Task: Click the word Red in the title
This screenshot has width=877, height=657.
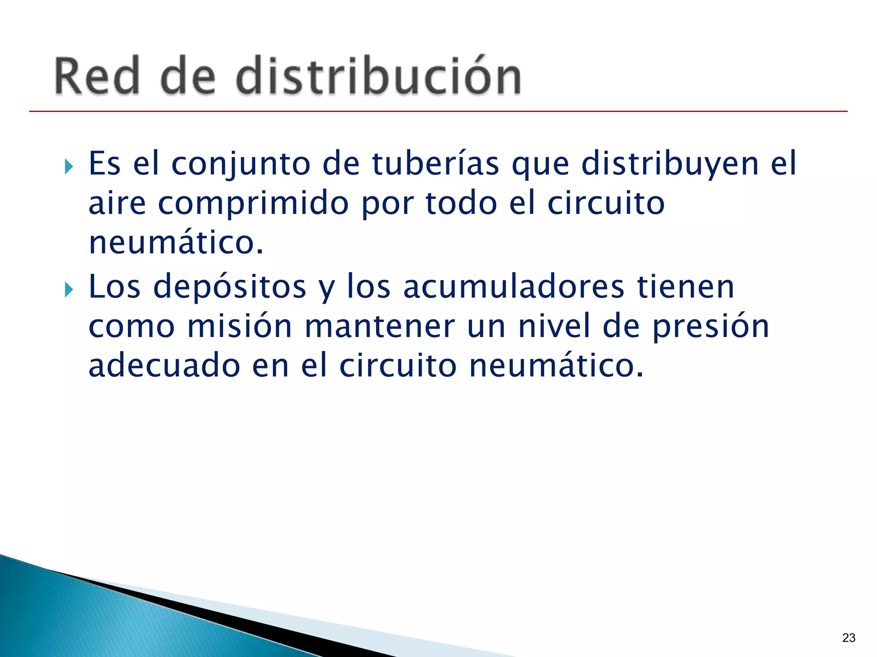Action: pyautogui.click(x=97, y=76)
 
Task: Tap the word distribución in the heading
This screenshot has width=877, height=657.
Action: pyautogui.click(x=378, y=76)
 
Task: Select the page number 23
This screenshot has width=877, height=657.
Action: pyautogui.click(x=848, y=638)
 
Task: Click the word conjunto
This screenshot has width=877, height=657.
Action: pyautogui.click(x=241, y=164)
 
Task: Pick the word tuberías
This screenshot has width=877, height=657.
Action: pyautogui.click(x=436, y=163)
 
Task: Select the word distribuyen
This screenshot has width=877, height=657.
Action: pyautogui.click(x=670, y=164)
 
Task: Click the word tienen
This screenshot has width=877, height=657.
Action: pyautogui.click(x=686, y=287)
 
